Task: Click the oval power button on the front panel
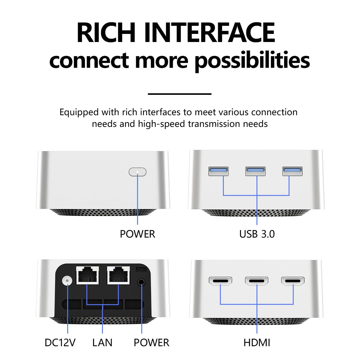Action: click(137, 172)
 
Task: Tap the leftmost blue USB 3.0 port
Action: click(218, 171)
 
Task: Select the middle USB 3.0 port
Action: click(255, 171)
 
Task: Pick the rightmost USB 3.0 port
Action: click(292, 171)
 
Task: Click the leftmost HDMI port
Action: click(220, 281)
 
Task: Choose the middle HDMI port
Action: click(257, 281)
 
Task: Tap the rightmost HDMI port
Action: click(293, 281)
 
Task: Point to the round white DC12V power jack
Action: click(67, 280)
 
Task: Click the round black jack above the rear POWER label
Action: click(141, 282)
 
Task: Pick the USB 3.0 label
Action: click(257, 234)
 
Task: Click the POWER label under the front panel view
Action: click(137, 234)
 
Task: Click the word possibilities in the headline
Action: click(252, 61)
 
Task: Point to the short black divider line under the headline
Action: click(180, 94)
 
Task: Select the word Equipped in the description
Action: click(79, 112)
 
